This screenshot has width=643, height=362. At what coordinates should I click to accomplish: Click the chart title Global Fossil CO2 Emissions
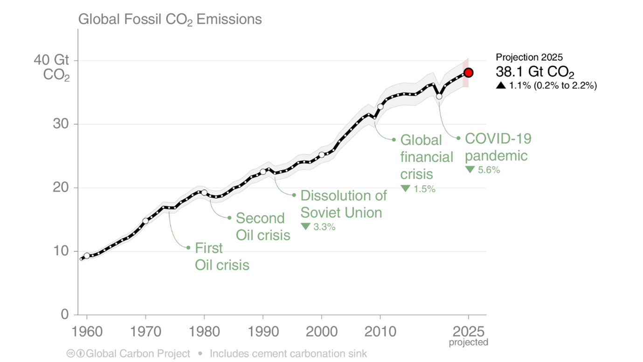tap(170, 20)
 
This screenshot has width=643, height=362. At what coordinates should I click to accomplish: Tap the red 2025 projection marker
tap(469, 73)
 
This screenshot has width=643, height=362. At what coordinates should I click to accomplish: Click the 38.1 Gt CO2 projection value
tap(535, 73)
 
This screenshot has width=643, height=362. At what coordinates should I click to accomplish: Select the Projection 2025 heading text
tap(529, 57)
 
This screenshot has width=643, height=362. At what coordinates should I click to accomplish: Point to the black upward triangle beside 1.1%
tap(501, 85)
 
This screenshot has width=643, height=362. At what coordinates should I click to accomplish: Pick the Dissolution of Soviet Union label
tap(343, 204)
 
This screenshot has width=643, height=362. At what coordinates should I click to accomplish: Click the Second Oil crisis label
tap(263, 226)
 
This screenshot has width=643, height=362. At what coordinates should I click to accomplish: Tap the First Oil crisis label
tap(221, 256)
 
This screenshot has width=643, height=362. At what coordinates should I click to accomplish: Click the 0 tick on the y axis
tap(64, 314)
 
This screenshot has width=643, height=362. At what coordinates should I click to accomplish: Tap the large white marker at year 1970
tap(145, 221)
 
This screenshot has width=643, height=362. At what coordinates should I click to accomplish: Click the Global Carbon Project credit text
tap(138, 354)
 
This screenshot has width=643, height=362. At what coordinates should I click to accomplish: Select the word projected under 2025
tap(469, 342)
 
